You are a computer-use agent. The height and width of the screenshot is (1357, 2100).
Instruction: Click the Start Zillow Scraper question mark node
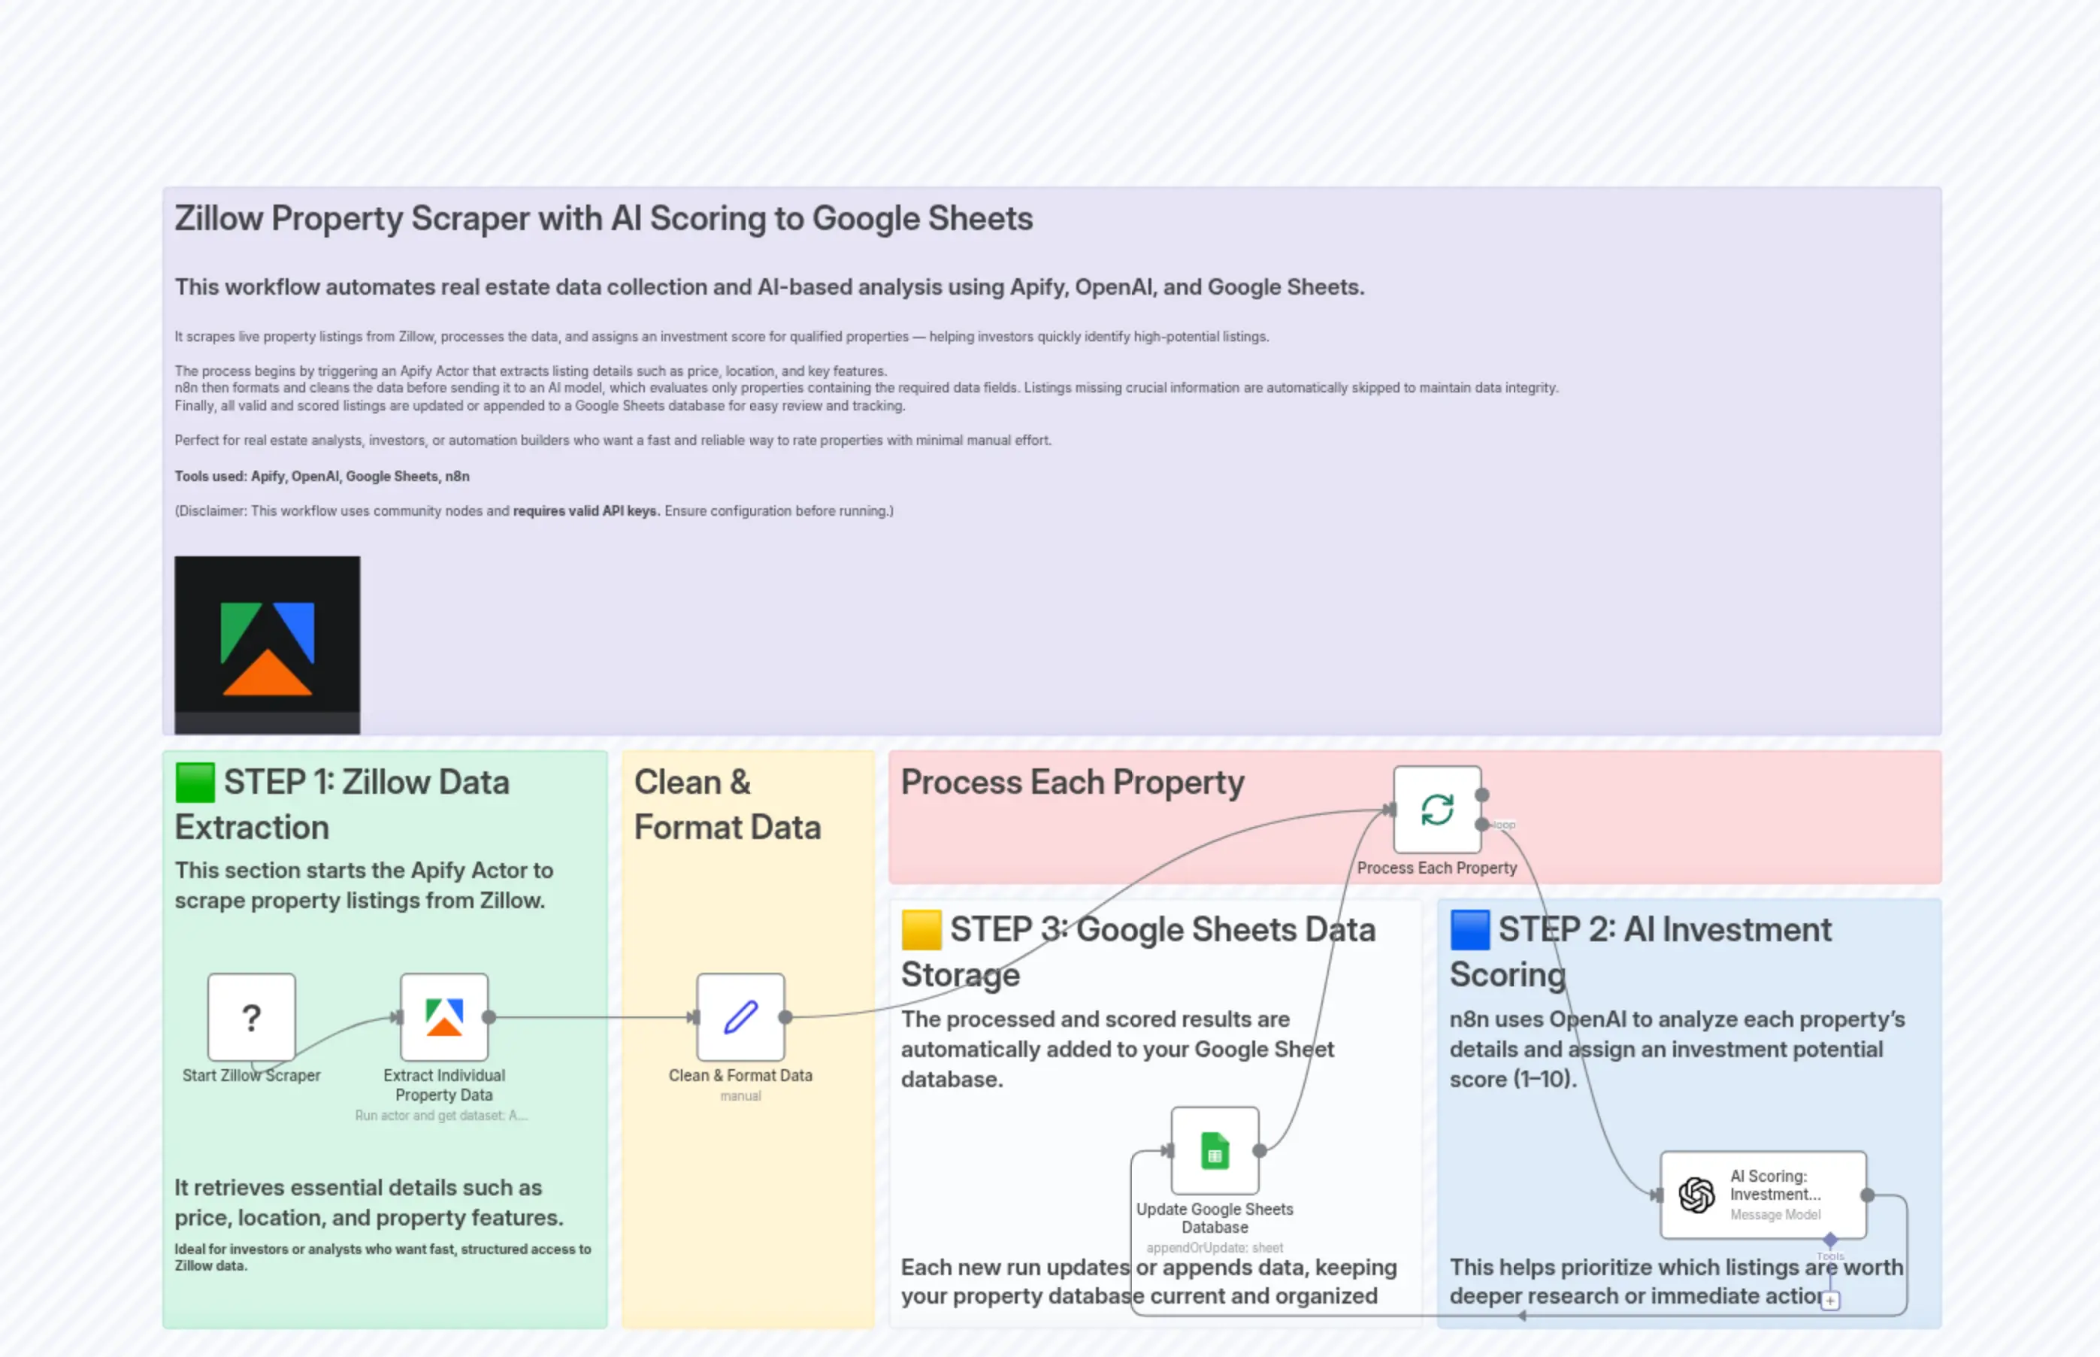point(251,1017)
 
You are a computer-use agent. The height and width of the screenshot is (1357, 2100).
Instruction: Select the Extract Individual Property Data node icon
point(444,1017)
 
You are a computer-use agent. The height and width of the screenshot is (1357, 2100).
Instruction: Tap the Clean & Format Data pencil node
point(740,1017)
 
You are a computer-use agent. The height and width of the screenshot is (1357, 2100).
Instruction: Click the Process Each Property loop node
point(1436,809)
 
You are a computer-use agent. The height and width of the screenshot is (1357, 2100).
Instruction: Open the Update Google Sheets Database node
point(1215,1150)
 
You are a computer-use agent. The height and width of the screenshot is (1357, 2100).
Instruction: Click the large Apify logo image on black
point(267,644)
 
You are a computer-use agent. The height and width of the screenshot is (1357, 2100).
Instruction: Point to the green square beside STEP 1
point(195,783)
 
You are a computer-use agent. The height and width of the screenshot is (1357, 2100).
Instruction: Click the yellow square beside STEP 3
point(921,930)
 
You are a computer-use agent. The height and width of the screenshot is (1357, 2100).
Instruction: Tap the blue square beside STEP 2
point(1470,930)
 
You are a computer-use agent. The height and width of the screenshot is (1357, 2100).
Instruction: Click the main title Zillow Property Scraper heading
point(604,219)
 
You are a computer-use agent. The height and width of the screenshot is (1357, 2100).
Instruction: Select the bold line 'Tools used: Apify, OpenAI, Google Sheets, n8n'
point(322,476)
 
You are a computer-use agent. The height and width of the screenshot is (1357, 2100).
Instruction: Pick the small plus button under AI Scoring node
point(1830,1301)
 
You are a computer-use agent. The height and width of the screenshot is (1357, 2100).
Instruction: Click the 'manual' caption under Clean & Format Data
point(740,1096)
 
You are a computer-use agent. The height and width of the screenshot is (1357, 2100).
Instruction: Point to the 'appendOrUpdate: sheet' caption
point(1215,1248)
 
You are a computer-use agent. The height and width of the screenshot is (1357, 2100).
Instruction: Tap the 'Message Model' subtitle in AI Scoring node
point(1775,1214)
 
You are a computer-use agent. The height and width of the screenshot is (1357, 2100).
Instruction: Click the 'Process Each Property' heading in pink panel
point(1072,783)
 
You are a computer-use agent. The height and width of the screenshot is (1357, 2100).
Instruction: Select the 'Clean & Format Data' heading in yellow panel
point(727,804)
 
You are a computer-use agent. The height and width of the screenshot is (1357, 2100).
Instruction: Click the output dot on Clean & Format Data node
point(785,1017)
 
